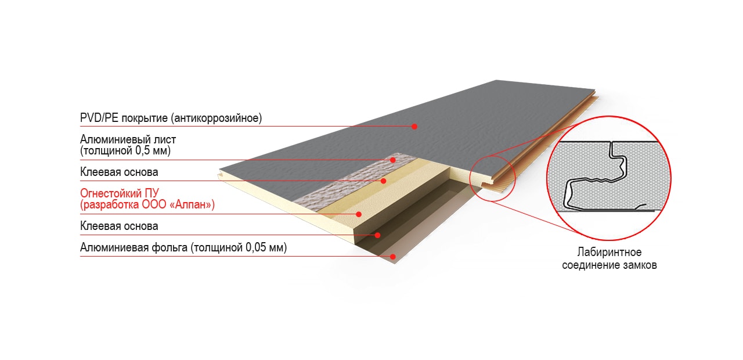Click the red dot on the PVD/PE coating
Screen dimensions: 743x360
(414, 127)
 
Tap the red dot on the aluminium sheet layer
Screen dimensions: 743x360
(393, 160)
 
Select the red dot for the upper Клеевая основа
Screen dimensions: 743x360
(384, 181)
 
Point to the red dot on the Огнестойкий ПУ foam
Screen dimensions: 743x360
(359, 214)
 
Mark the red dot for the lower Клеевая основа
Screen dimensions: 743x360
(377, 235)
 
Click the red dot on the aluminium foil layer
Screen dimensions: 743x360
(393, 257)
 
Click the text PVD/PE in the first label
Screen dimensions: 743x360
(99, 118)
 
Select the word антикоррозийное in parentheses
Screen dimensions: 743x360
(217, 118)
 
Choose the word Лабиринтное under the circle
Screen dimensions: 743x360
(609, 253)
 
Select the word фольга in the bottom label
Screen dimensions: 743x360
(170, 248)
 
